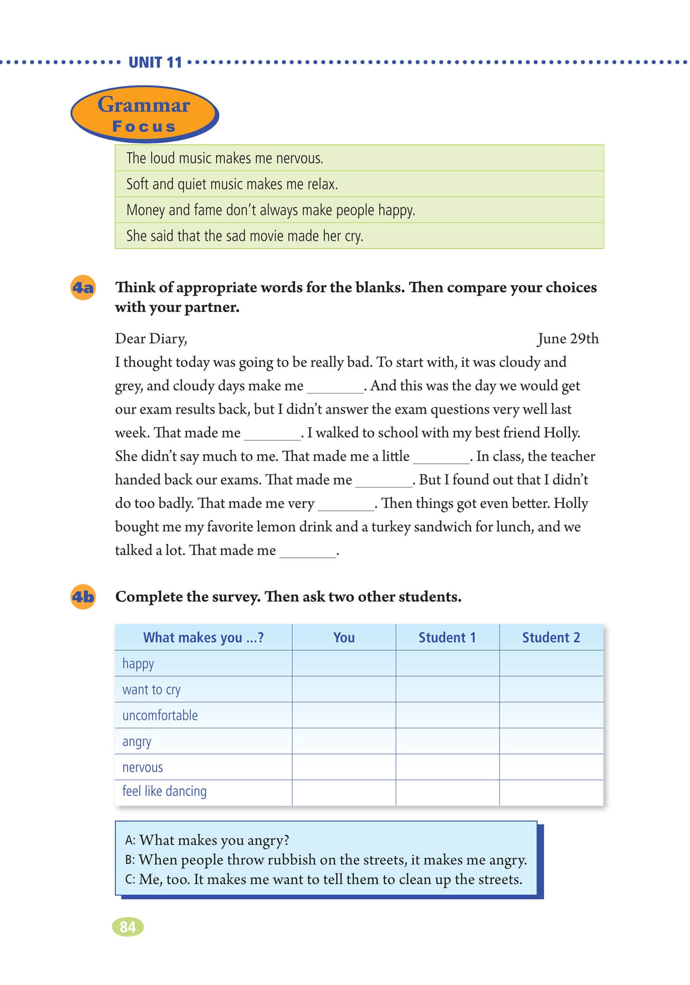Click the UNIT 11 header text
click(x=155, y=63)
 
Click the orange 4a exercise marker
click(x=83, y=288)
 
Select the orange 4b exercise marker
click(x=83, y=597)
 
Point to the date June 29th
click(x=568, y=339)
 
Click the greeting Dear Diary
click(x=151, y=339)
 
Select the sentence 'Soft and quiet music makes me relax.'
click(x=232, y=184)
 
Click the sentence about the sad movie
click(x=244, y=236)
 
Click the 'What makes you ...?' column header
click(x=203, y=638)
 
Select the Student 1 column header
click(x=447, y=638)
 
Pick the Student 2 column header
click(x=551, y=638)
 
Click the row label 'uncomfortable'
click(x=160, y=716)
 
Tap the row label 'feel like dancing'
click(x=164, y=791)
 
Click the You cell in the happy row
click(x=344, y=664)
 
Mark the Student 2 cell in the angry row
click(x=551, y=741)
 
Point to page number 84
click(x=128, y=927)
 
